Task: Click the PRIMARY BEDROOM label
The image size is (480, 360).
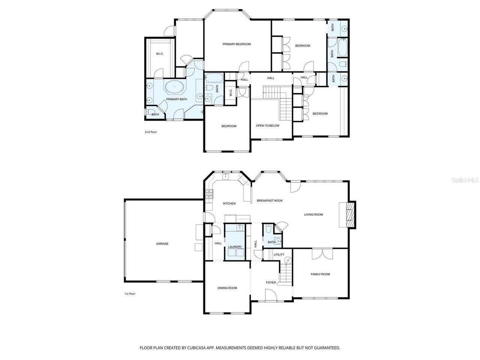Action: pyautogui.click(x=236, y=44)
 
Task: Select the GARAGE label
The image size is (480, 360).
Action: pyautogui.click(x=162, y=244)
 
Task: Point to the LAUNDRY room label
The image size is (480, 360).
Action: pyautogui.click(x=235, y=247)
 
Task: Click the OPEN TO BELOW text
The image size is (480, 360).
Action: pyautogui.click(x=267, y=126)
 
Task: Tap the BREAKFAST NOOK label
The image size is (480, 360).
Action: pyautogui.click(x=270, y=201)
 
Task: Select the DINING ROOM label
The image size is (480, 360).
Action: pyautogui.click(x=227, y=288)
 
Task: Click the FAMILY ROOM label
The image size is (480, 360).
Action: pyautogui.click(x=320, y=274)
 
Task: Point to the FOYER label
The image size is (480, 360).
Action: pyautogui.click(x=271, y=282)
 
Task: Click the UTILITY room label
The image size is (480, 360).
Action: pyautogui.click(x=279, y=255)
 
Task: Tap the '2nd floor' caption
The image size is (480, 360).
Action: pyautogui.click(x=151, y=132)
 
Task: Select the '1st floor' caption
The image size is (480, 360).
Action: pyautogui.click(x=130, y=294)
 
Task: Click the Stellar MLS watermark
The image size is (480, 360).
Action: pyautogui.click(x=465, y=180)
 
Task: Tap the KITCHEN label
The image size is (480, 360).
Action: pyautogui.click(x=229, y=204)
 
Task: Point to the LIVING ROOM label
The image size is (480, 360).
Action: pyautogui.click(x=313, y=214)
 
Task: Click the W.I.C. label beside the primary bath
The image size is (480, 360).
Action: pyautogui.click(x=159, y=54)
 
